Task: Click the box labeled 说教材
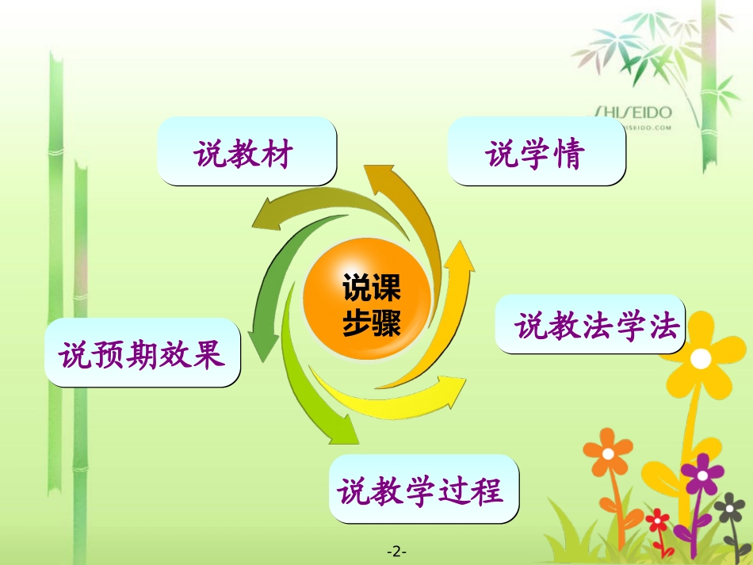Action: (x=246, y=152)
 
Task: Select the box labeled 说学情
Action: (x=537, y=152)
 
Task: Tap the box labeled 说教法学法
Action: (x=590, y=325)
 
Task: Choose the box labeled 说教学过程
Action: (x=423, y=489)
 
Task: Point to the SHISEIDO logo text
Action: (x=633, y=113)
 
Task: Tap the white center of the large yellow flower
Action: (x=701, y=359)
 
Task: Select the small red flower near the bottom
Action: (x=658, y=521)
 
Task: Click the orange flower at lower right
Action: (x=608, y=454)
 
